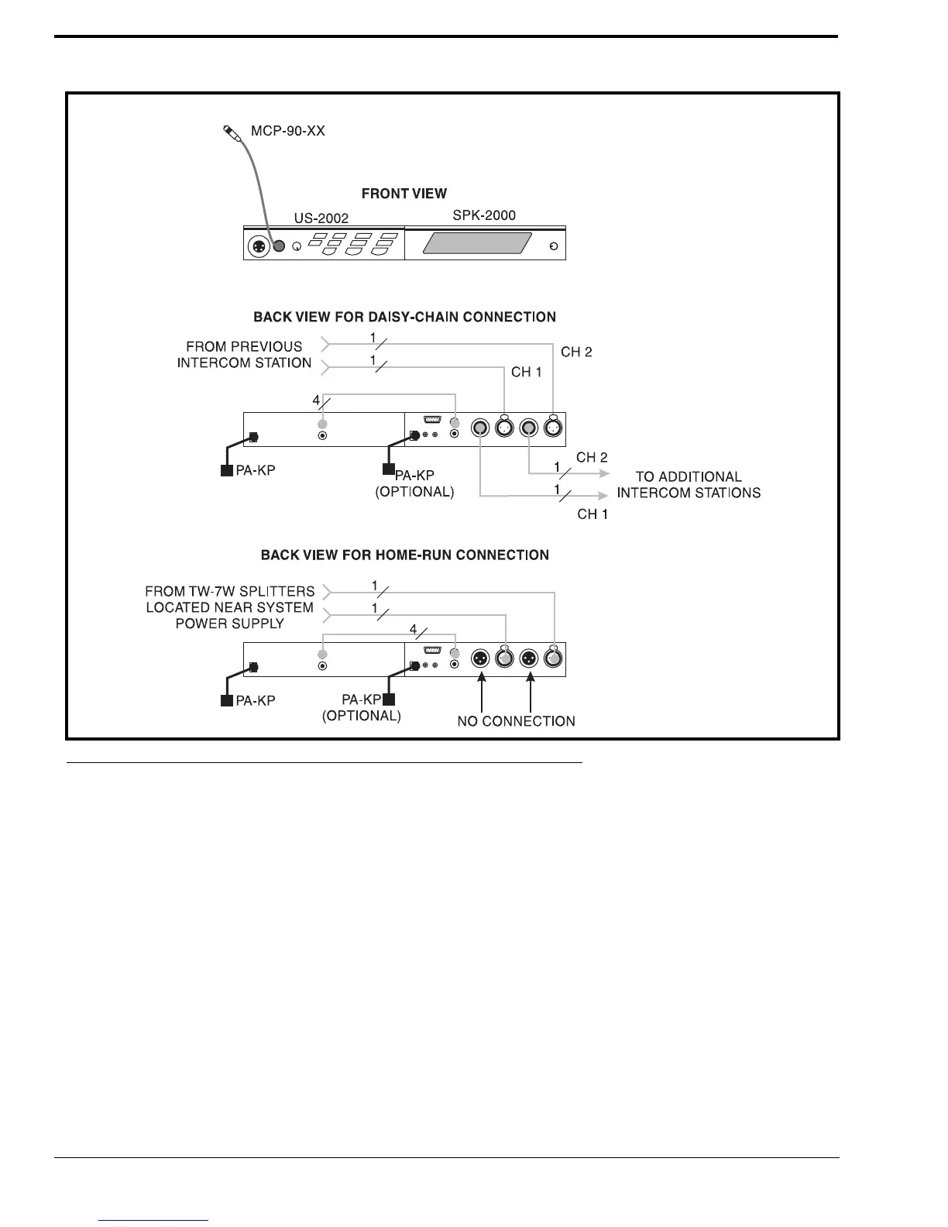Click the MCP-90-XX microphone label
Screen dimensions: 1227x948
288,131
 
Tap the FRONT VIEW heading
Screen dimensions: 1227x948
404,194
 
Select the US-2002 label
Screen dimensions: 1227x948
321,219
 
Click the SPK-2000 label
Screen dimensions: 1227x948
484,215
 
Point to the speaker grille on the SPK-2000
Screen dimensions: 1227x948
477,244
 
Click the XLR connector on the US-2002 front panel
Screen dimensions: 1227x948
257,247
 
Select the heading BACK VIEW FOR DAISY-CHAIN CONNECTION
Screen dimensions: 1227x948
404,317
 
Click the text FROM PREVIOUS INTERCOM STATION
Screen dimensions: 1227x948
245,355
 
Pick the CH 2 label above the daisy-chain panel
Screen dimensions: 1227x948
576,352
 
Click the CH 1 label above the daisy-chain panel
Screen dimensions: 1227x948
527,373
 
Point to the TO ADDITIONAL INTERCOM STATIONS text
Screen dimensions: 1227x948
689,485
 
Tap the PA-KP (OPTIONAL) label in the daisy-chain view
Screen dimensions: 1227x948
414,484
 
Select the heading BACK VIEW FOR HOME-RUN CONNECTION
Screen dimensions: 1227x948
404,555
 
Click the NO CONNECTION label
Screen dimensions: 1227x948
516,721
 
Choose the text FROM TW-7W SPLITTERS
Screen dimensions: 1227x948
230,592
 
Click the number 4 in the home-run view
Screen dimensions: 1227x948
414,630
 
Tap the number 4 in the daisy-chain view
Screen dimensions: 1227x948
316,400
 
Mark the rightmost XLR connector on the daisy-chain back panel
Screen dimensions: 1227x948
553,428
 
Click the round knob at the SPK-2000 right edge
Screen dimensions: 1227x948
551,247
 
